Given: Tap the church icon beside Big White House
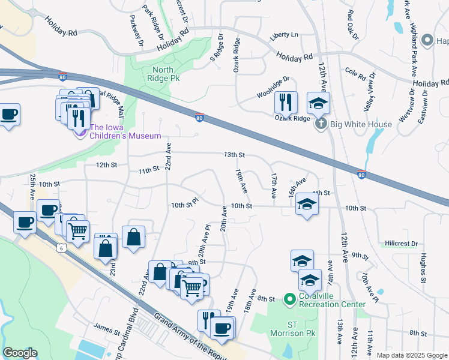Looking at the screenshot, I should tap(321, 125).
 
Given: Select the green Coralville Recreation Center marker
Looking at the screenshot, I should tap(289, 299).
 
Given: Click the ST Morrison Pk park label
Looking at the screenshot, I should tap(301, 329).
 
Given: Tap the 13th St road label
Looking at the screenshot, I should tap(234, 155).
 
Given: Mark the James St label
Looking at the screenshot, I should tap(107, 327).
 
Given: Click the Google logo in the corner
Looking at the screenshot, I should tap(20, 353).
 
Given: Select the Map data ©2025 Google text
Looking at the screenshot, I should tap(412, 355).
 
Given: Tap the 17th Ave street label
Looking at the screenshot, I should tap(273, 186).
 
